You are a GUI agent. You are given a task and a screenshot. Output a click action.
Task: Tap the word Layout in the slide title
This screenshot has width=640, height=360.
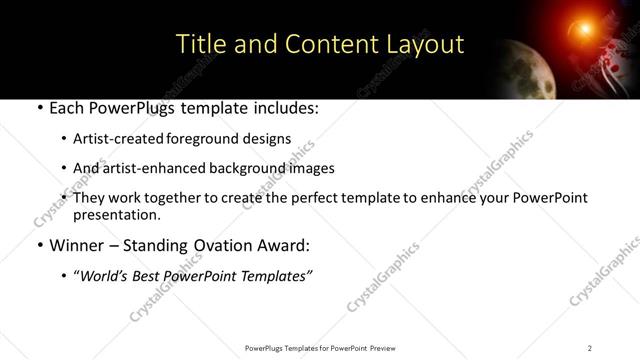pyautogui.click(x=427, y=45)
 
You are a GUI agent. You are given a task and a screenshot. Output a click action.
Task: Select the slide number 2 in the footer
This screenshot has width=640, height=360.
pyautogui.click(x=590, y=348)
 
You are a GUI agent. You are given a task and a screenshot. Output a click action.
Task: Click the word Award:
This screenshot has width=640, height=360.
pyautogui.click(x=285, y=244)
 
